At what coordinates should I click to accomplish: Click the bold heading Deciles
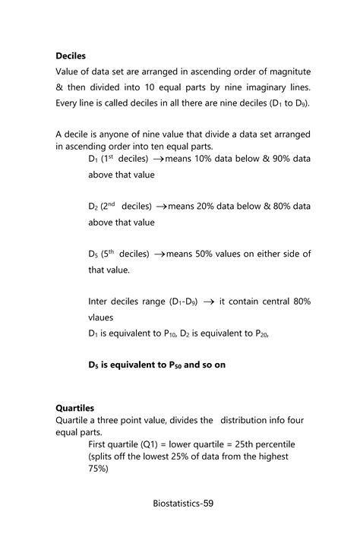click(71, 55)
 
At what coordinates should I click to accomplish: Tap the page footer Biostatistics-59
click(179, 503)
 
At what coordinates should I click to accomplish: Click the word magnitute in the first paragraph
click(284, 71)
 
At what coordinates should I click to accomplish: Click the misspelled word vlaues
click(103, 317)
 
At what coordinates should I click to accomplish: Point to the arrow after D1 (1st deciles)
click(159, 160)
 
